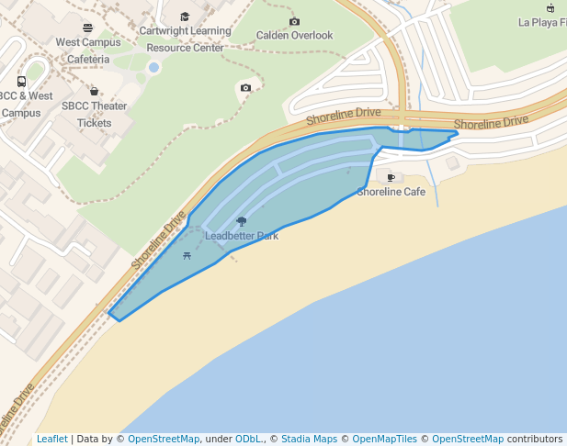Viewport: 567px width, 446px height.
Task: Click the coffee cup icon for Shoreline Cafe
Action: coord(391,177)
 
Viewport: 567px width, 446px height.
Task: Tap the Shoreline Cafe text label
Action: coord(391,192)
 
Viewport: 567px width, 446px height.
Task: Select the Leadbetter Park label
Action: coord(242,236)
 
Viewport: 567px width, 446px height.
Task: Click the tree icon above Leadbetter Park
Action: coord(242,221)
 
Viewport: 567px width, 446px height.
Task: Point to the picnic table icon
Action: coord(187,255)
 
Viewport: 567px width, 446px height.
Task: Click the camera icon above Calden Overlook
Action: coord(294,21)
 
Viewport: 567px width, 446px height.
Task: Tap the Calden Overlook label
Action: coord(294,36)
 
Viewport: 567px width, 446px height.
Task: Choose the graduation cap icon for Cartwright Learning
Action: coord(185,17)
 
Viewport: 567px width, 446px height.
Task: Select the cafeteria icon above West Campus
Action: coord(87,28)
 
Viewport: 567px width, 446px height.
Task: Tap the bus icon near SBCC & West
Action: coord(21,82)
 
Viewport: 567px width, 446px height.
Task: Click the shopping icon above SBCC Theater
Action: coord(94,91)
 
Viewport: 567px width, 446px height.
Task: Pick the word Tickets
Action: coord(94,122)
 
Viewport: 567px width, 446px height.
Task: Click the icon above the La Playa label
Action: coord(550,7)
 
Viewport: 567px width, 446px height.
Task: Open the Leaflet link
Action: coord(52,439)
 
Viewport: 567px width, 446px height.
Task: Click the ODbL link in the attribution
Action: coord(248,439)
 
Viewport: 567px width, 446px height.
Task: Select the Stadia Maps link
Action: coord(309,439)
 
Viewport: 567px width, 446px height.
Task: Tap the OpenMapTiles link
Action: coord(385,439)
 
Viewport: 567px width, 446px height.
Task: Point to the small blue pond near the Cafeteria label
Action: coord(153,67)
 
